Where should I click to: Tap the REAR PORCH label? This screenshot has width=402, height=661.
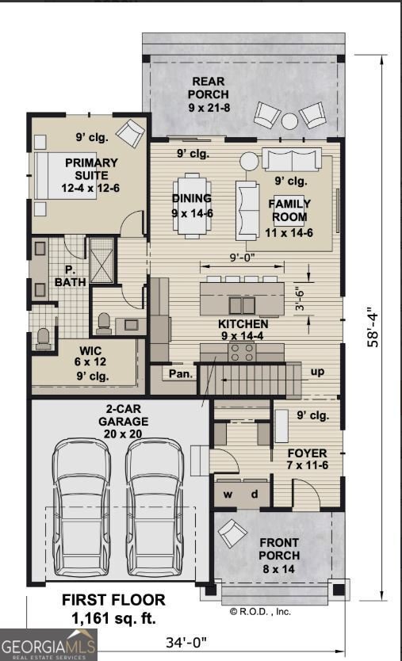[207, 94]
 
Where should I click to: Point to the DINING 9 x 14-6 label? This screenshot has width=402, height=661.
[191, 204]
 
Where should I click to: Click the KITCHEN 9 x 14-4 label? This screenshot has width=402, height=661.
[243, 330]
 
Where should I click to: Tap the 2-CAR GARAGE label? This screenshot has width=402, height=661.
[123, 422]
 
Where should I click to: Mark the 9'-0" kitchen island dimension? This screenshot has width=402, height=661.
[242, 258]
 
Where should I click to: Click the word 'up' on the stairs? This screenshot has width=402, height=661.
[316, 371]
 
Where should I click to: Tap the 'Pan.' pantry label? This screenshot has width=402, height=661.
[180, 372]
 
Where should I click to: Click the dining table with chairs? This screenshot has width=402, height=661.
[193, 204]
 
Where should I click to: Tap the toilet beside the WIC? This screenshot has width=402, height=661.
[44, 335]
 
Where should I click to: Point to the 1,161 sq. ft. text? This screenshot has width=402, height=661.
[114, 617]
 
